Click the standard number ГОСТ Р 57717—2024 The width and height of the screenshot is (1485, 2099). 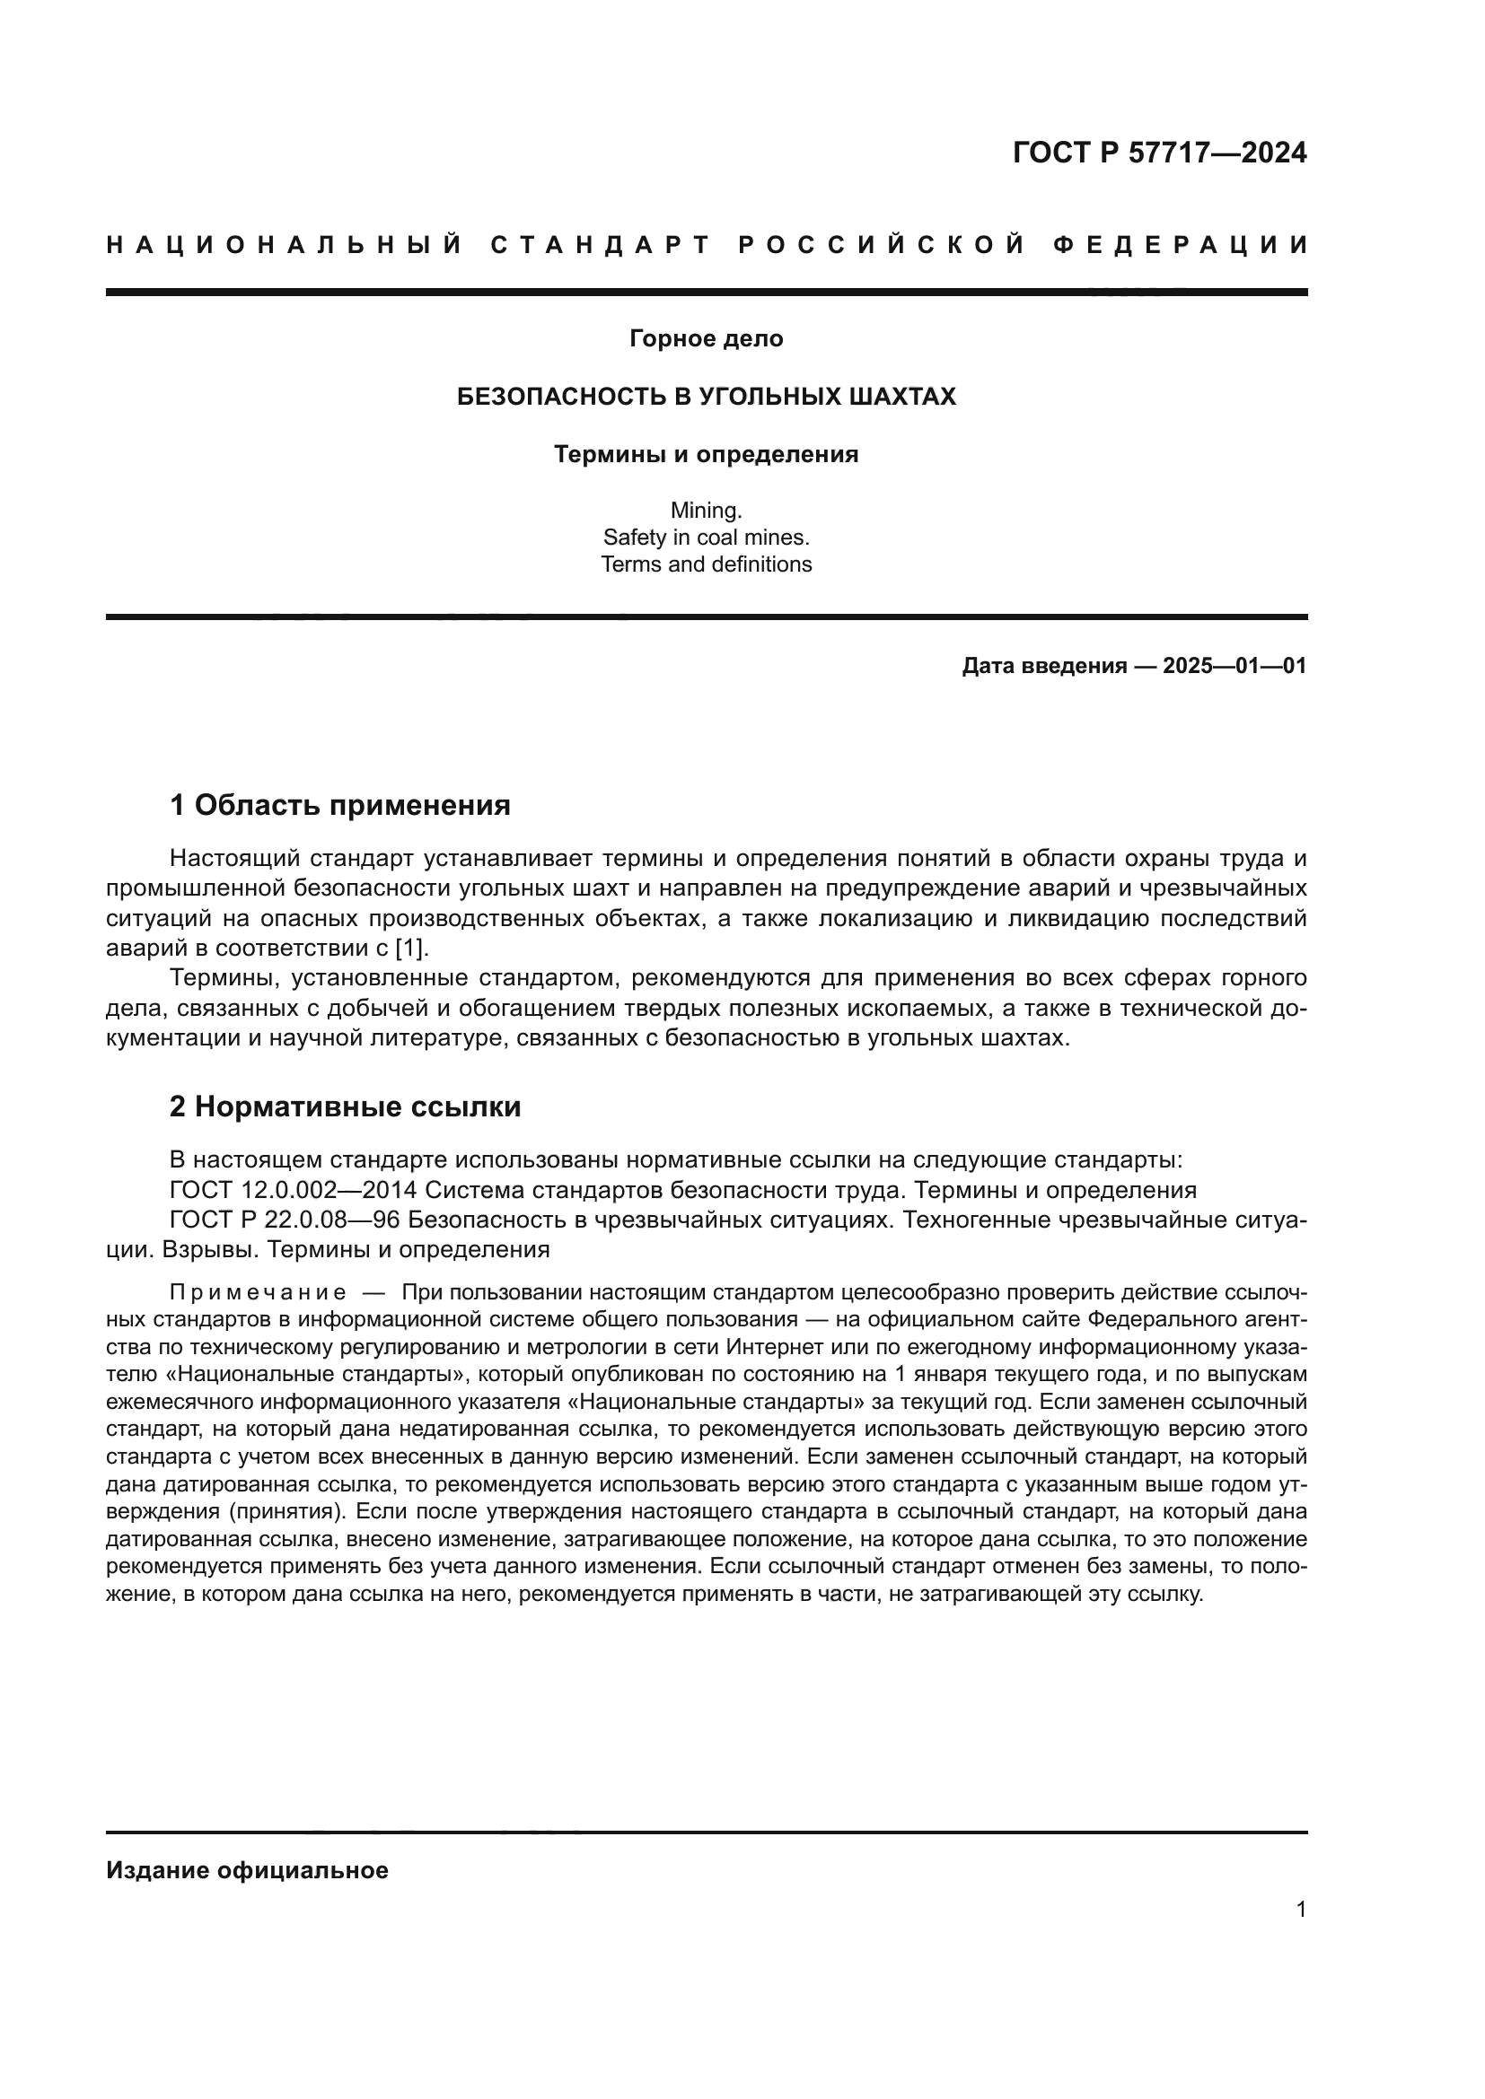click(x=1158, y=153)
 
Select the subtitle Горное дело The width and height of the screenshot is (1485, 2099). click(x=706, y=339)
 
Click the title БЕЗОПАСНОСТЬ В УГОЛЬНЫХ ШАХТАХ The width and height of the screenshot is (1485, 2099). click(x=706, y=397)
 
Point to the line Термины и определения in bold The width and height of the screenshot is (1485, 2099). click(x=706, y=454)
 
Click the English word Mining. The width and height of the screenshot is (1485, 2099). click(x=706, y=510)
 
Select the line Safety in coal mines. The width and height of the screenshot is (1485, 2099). click(x=706, y=538)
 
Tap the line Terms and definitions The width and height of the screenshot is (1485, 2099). click(x=706, y=564)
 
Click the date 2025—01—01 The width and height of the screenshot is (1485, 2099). click(x=1235, y=666)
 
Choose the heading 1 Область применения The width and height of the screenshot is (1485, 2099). click(x=340, y=805)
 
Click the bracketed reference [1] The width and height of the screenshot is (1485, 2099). click(x=410, y=948)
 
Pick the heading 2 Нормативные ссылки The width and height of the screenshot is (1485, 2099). click(x=346, y=1107)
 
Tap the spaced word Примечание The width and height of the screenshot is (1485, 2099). click(x=258, y=1292)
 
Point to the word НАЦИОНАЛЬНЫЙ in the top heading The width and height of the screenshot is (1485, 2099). click(x=285, y=245)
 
